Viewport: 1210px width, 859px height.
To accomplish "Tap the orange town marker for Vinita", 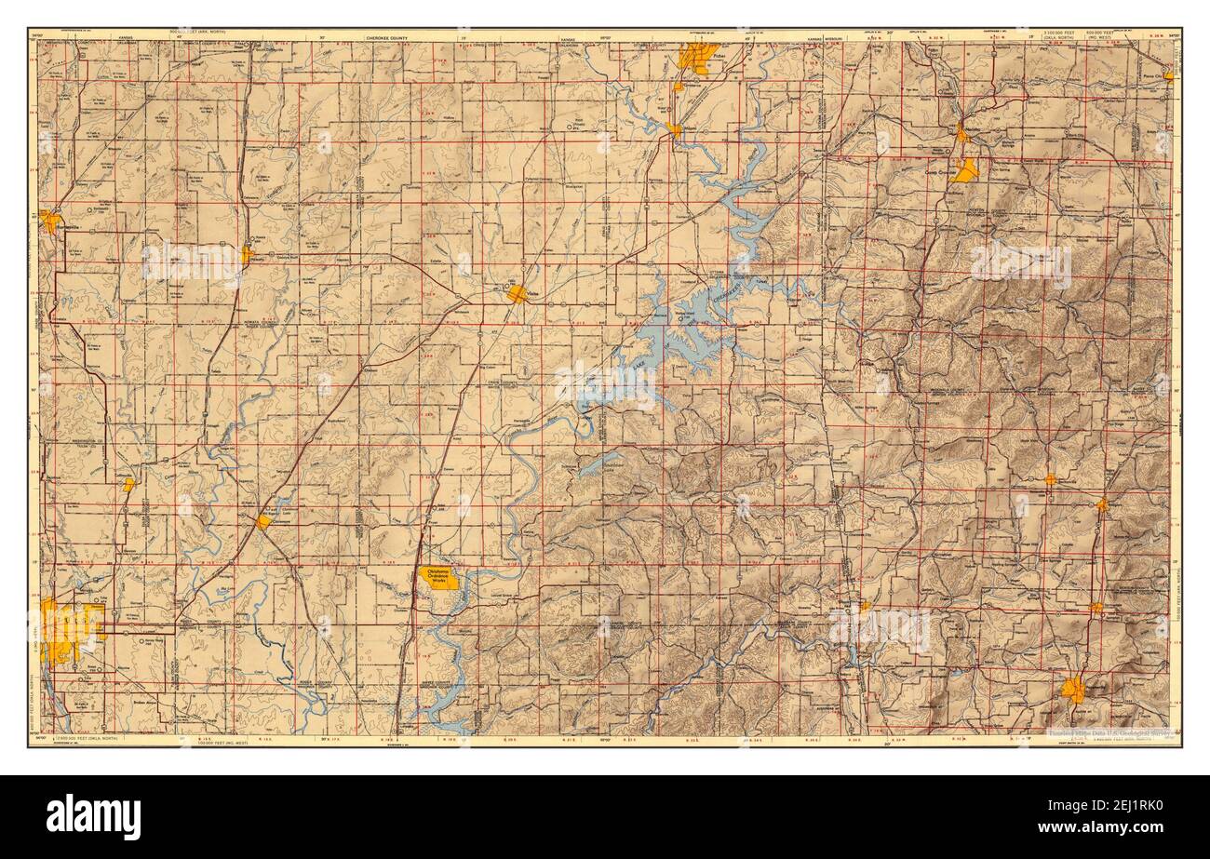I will [518, 294].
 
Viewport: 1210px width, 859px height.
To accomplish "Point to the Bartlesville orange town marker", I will [49, 221].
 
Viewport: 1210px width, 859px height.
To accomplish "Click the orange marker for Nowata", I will [248, 253].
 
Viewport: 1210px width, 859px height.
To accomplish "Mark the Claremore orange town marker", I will [264, 522].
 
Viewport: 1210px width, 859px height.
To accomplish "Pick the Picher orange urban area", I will [697, 57].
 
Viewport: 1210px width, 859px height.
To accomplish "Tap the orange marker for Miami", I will [675, 130].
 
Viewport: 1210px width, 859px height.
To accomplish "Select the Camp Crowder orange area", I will [965, 170].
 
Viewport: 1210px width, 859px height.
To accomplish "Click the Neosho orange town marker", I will [962, 136].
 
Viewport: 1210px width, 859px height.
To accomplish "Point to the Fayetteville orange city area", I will [1073, 690].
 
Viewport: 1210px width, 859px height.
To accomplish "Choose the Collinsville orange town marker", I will [128, 484].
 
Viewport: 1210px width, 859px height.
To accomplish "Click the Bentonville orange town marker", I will [1050, 480].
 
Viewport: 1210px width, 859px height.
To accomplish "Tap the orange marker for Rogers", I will [1102, 505].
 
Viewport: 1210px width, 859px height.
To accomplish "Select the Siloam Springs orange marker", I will [865, 606].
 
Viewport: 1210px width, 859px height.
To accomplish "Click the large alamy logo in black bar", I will [93, 817].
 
